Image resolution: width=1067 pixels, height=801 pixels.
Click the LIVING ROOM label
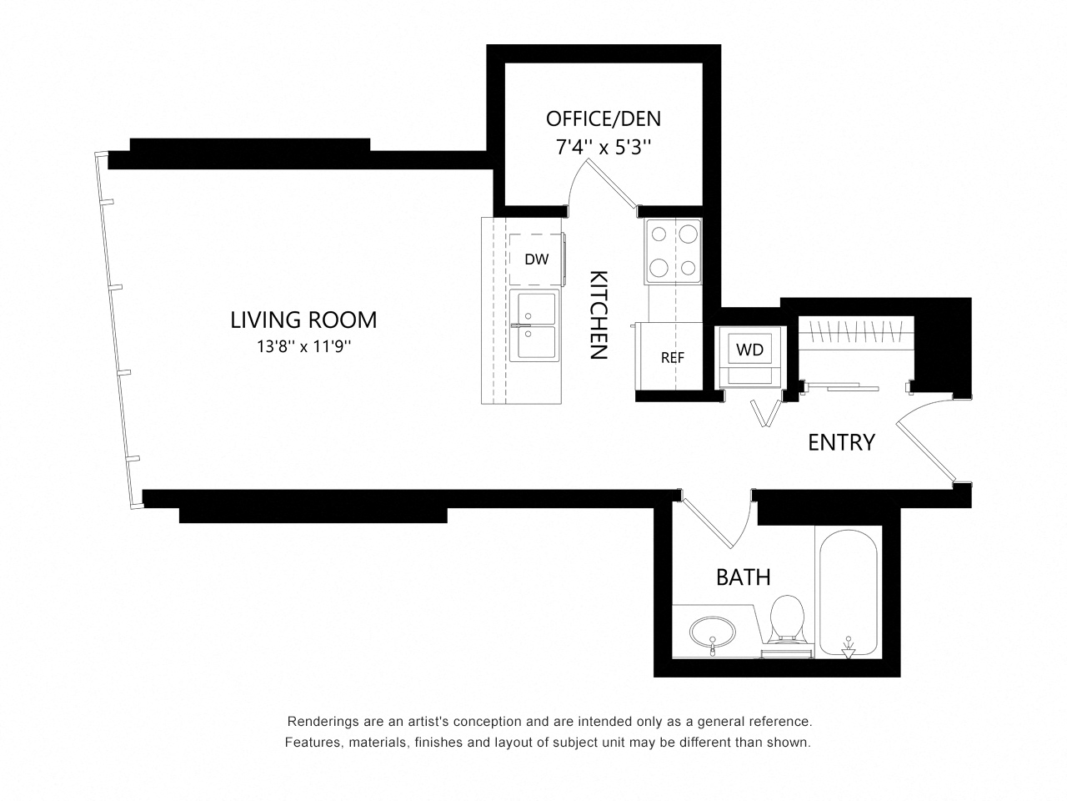303,320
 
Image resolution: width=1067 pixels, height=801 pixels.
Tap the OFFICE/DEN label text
604,118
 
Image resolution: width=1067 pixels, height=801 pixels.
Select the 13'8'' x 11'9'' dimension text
303,347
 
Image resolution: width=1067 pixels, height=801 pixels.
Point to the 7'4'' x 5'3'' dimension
604,146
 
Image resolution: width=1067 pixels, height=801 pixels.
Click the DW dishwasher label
536,259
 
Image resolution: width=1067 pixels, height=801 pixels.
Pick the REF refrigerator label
672,358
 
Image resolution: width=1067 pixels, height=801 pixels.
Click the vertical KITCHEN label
599,315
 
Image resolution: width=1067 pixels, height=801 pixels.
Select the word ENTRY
841,442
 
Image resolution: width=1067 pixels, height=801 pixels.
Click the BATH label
744,577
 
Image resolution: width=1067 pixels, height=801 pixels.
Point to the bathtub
849,594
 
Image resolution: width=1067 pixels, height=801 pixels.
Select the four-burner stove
674,251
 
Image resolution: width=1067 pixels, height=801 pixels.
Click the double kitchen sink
534,325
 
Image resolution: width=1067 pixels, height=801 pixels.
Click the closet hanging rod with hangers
856,331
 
